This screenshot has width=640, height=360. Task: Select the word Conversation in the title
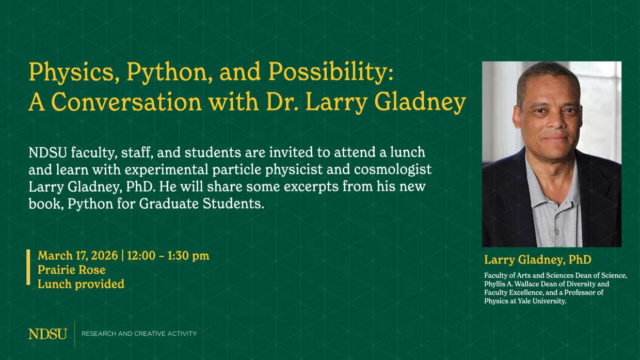tap(127, 102)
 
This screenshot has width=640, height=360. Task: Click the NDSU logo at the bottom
tap(47, 334)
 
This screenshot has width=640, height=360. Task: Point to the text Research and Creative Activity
tap(139, 334)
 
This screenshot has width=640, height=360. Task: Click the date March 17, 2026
tap(77, 256)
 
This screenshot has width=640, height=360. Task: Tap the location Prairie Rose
tap(71, 270)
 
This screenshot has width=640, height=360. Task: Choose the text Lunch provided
tap(81, 284)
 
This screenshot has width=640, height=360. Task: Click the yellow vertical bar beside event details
tap(29, 267)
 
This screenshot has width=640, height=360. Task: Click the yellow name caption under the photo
tap(537, 259)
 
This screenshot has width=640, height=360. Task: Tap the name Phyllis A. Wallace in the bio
tap(511, 284)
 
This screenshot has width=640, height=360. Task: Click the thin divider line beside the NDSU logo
tap(75, 334)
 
